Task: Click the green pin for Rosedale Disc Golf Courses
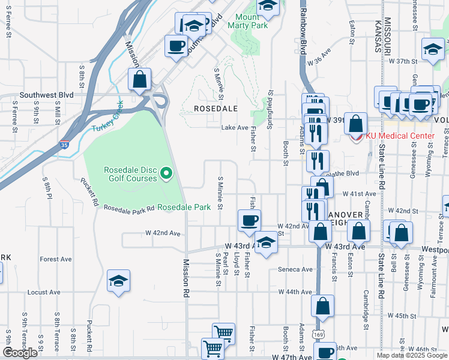click(x=168, y=174)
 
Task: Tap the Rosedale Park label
click(x=184, y=207)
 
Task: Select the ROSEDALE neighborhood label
click(x=215, y=109)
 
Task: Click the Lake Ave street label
click(x=235, y=128)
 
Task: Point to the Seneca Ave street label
click(x=295, y=269)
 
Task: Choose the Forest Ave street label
click(x=56, y=259)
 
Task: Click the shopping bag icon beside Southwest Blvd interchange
click(x=139, y=79)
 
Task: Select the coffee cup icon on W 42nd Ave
click(x=249, y=220)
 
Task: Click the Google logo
click(x=20, y=352)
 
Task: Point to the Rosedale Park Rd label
click(x=129, y=208)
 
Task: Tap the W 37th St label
click(x=402, y=61)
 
